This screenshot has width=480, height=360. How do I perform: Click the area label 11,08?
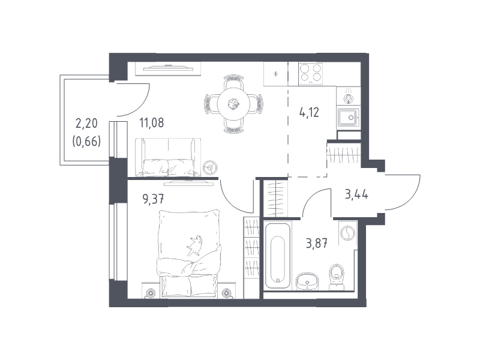pos(152,123)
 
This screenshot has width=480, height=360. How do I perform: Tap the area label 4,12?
pos(309,113)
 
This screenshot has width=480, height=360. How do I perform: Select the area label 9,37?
pos(153,199)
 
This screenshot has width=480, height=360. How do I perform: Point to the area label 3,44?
pos(356,194)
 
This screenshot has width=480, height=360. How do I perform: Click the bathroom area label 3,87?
pos(317,244)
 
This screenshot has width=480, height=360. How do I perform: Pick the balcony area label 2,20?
pos(86,123)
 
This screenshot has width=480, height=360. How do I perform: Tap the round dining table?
pos(233,104)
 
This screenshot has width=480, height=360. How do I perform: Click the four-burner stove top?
pos(310,73)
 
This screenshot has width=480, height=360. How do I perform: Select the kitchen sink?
pos(349,118)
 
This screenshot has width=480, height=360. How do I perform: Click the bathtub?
pos(277,256)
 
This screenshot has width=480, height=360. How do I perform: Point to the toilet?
pos(337,277)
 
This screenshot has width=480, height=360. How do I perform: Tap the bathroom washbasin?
pos(307,281)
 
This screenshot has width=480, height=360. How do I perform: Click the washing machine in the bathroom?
pos(348,233)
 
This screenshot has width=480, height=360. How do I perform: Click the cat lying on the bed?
pos(194,245)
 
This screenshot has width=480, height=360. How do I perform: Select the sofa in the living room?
pos(168,157)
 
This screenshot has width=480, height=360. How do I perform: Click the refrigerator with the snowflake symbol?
pos(276,74)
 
